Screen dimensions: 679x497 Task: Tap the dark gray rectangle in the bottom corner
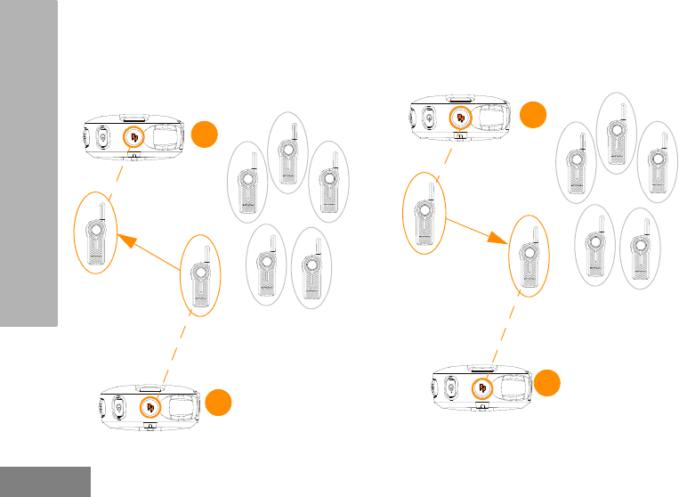[44, 481]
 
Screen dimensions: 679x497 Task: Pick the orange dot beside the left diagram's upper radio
[204, 135]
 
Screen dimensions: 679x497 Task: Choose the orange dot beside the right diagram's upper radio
[533, 114]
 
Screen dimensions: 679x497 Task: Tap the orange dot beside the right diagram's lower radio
[549, 384]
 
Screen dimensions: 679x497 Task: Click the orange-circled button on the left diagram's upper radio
[133, 136]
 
